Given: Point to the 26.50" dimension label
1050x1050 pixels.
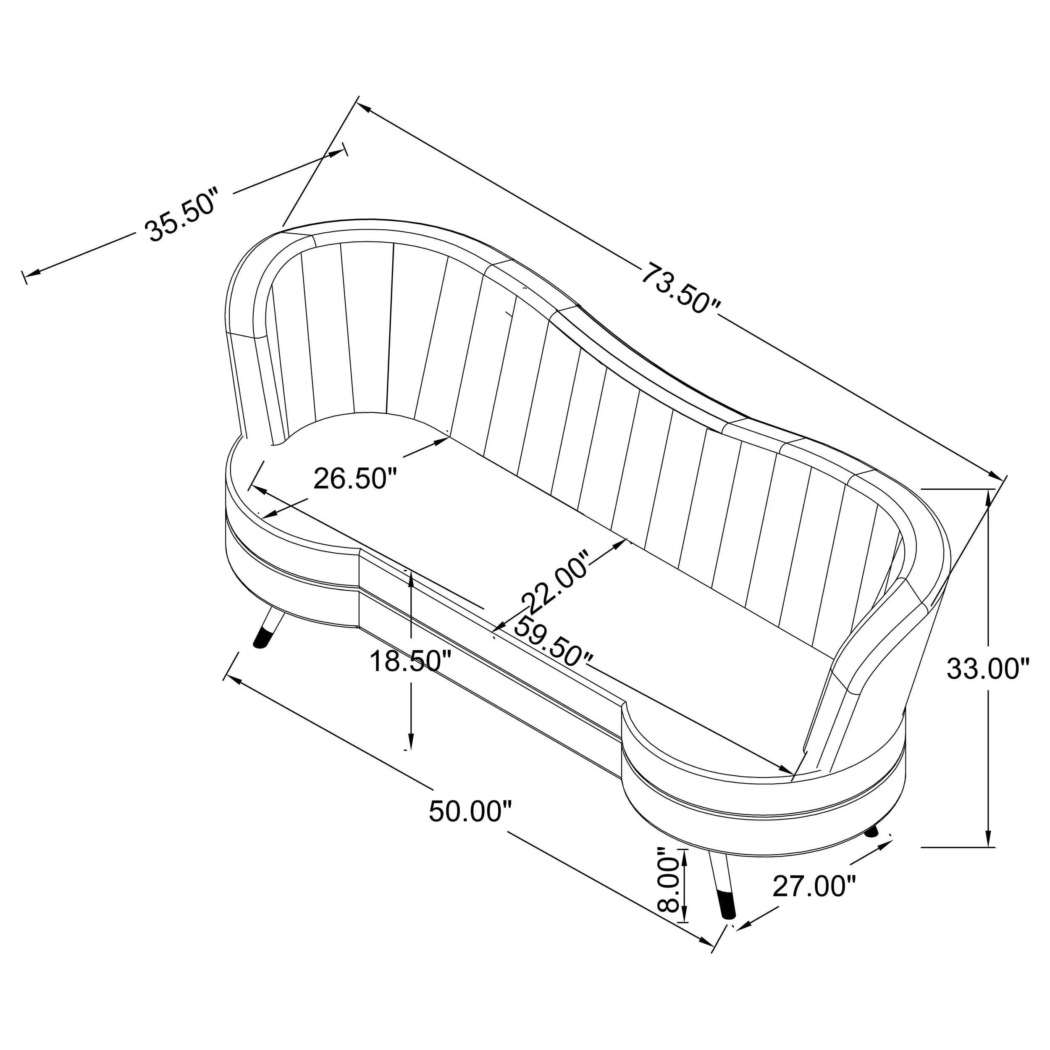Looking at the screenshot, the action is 355,479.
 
